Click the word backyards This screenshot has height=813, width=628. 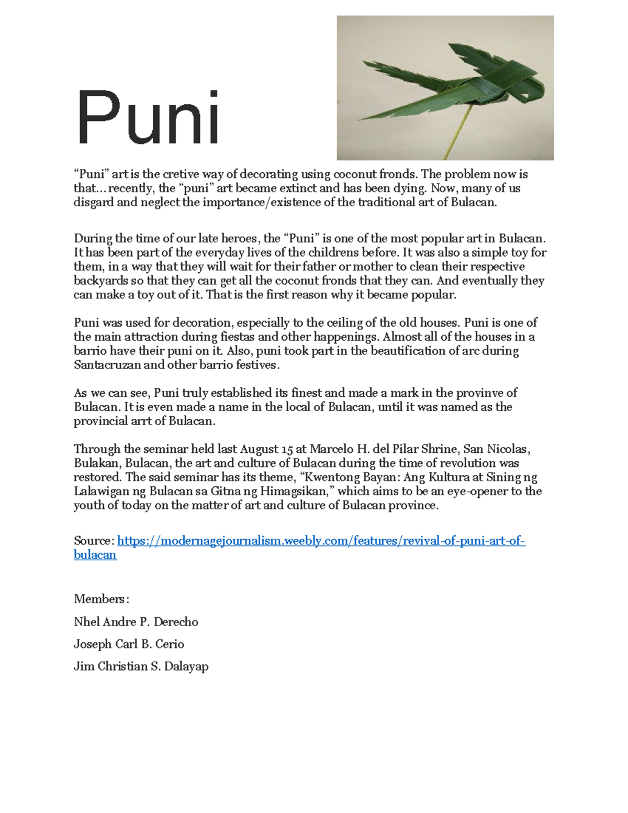tap(98, 281)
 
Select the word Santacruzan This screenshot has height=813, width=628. tap(107, 365)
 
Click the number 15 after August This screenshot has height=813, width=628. tap(287, 449)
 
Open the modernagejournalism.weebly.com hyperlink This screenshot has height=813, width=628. tap(321, 541)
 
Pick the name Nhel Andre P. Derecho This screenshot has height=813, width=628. tap(136, 622)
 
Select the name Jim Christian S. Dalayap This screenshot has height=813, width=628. tap(141, 666)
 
